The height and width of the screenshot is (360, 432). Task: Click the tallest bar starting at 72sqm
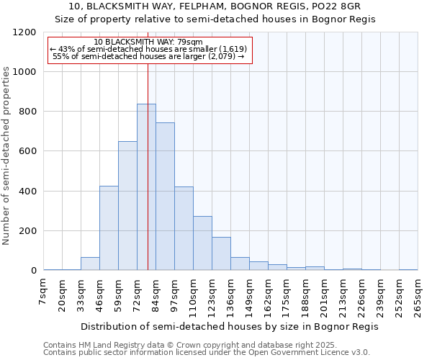pyautogui.click(x=146, y=187)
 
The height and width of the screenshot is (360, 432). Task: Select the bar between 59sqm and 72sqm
pyautogui.click(x=127, y=206)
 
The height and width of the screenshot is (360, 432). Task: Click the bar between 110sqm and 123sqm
pyautogui.click(x=202, y=243)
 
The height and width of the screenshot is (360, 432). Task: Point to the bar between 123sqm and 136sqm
pyautogui.click(x=221, y=253)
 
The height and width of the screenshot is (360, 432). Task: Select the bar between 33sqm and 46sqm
pyautogui.click(x=90, y=264)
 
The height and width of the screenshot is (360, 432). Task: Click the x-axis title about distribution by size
pyautogui.click(x=229, y=326)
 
